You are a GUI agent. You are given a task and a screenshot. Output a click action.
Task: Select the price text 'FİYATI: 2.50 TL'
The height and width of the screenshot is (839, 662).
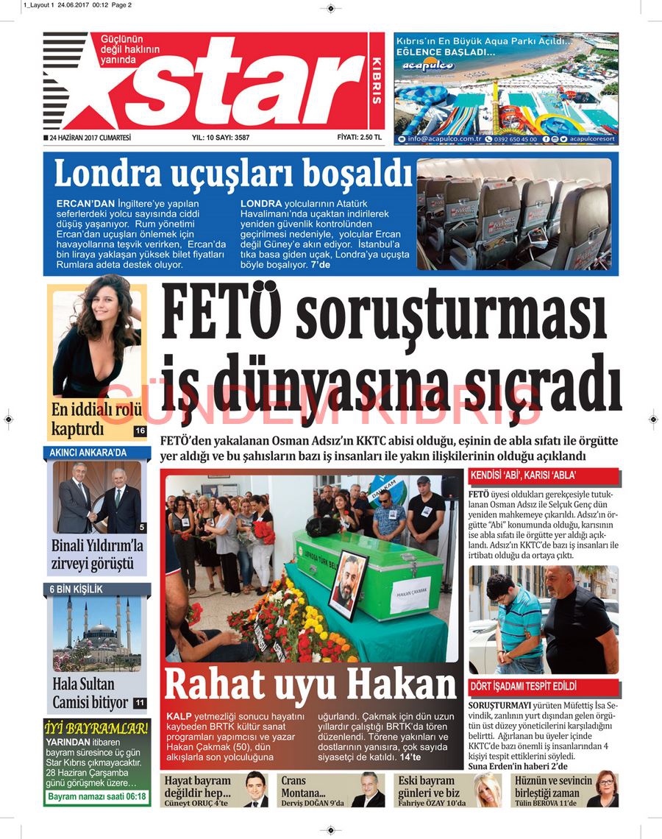(x=359, y=137)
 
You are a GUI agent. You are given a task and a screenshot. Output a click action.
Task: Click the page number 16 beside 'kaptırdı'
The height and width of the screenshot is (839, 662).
(x=140, y=431)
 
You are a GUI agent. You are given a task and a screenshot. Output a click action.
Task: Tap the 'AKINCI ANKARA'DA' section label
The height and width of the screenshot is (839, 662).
(x=88, y=452)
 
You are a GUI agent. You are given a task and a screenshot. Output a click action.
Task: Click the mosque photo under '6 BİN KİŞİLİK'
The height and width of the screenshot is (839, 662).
(x=97, y=634)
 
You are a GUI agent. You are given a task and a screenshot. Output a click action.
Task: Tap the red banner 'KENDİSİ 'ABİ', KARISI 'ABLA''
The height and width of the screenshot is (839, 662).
(x=523, y=476)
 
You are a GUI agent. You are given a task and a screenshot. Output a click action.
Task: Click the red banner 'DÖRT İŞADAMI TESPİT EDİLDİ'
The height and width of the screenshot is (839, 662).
(x=523, y=687)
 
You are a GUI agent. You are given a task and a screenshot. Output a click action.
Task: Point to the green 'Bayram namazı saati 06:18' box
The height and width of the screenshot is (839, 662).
(x=97, y=796)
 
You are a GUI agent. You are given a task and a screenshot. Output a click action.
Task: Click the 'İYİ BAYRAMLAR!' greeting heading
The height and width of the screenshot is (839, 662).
(x=96, y=729)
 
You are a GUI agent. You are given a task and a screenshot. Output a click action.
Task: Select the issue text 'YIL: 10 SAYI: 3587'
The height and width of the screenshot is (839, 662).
(x=220, y=138)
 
